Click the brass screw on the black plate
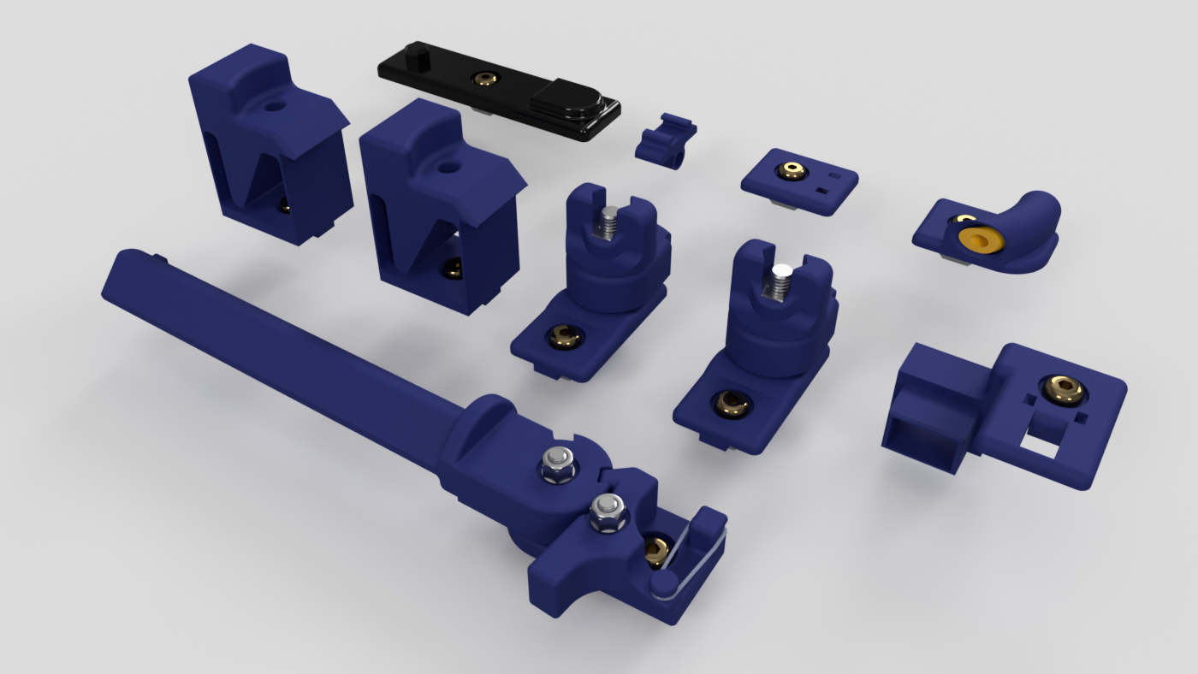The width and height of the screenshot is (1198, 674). tap(486, 79)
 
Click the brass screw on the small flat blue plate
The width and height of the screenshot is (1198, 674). tap(793, 171)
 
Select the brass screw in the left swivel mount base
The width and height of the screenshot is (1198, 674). tap(563, 336)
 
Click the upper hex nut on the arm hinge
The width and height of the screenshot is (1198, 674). tap(557, 464)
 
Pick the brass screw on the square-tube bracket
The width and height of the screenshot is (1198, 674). tap(1064, 390)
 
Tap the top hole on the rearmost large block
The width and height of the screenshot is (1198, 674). tap(274, 109)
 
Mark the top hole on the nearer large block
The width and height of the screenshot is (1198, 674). tap(446, 167)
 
